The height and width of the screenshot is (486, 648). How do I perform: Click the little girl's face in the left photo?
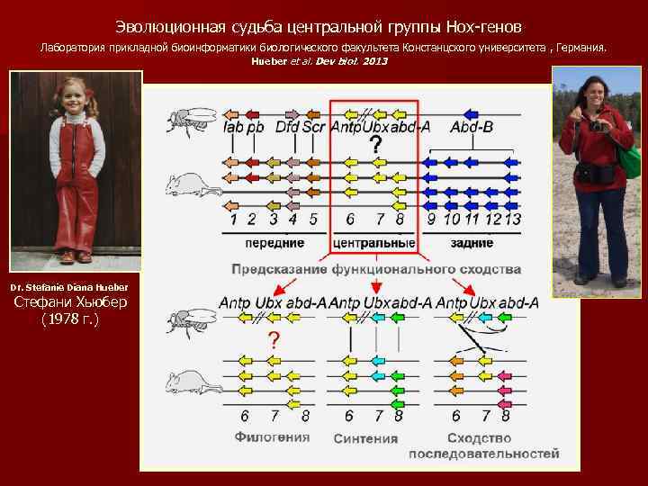(x=73, y=100)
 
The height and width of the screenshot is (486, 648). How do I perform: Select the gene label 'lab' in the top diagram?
(x=232, y=128)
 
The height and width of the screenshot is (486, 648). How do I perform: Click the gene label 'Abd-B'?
(x=472, y=128)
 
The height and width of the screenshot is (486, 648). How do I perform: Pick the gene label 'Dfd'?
(x=286, y=128)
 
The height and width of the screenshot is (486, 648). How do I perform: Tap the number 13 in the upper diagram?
(x=512, y=219)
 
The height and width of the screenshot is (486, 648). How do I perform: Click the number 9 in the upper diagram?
(x=431, y=219)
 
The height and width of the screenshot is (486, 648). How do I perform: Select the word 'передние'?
(x=274, y=243)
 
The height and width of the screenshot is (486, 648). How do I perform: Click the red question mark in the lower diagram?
(x=273, y=339)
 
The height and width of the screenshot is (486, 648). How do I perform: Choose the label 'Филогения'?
(x=272, y=437)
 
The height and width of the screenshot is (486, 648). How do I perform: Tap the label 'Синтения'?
(x=365, y=438)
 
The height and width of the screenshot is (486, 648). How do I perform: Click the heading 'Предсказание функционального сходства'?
(x=376, y=269)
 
